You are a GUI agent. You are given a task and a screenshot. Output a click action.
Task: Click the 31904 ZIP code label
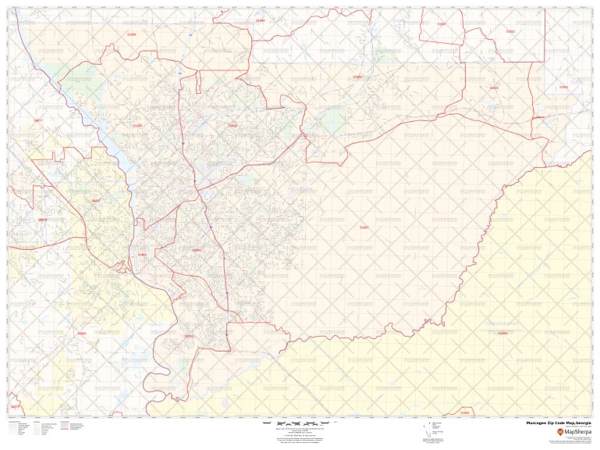138,125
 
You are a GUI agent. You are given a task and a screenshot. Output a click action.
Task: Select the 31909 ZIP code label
232,125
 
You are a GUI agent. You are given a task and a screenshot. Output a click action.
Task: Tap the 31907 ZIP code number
364,227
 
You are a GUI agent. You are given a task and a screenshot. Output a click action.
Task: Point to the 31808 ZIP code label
131,34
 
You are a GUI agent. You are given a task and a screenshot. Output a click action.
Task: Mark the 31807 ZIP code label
442,24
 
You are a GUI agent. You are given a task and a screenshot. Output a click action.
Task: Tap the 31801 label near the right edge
563,87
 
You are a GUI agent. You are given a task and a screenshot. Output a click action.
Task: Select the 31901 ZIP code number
141,254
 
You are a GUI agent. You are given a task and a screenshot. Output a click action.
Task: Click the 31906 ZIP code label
197,250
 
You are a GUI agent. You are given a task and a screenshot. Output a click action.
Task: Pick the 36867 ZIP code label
96,201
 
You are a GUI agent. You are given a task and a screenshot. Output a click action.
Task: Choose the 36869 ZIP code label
82,334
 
